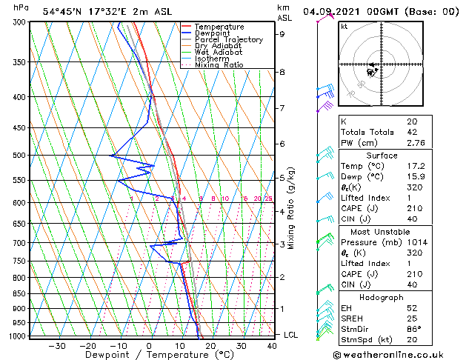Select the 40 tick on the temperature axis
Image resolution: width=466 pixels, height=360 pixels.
click(273, 345)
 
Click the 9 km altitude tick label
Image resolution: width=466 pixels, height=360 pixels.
click(282, 34)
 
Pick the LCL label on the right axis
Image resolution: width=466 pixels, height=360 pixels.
click(292, 335)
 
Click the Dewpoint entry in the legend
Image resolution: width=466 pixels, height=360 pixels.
click(218, 33)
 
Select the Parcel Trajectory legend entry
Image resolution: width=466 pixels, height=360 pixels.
click(228, 40)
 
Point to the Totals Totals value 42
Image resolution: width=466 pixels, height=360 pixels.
click(411, 132)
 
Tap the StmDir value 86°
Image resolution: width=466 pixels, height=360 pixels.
click(413, 328)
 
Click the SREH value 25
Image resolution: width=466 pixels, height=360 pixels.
click(411, 318)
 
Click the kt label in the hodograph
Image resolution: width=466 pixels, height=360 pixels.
click(344, 26)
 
